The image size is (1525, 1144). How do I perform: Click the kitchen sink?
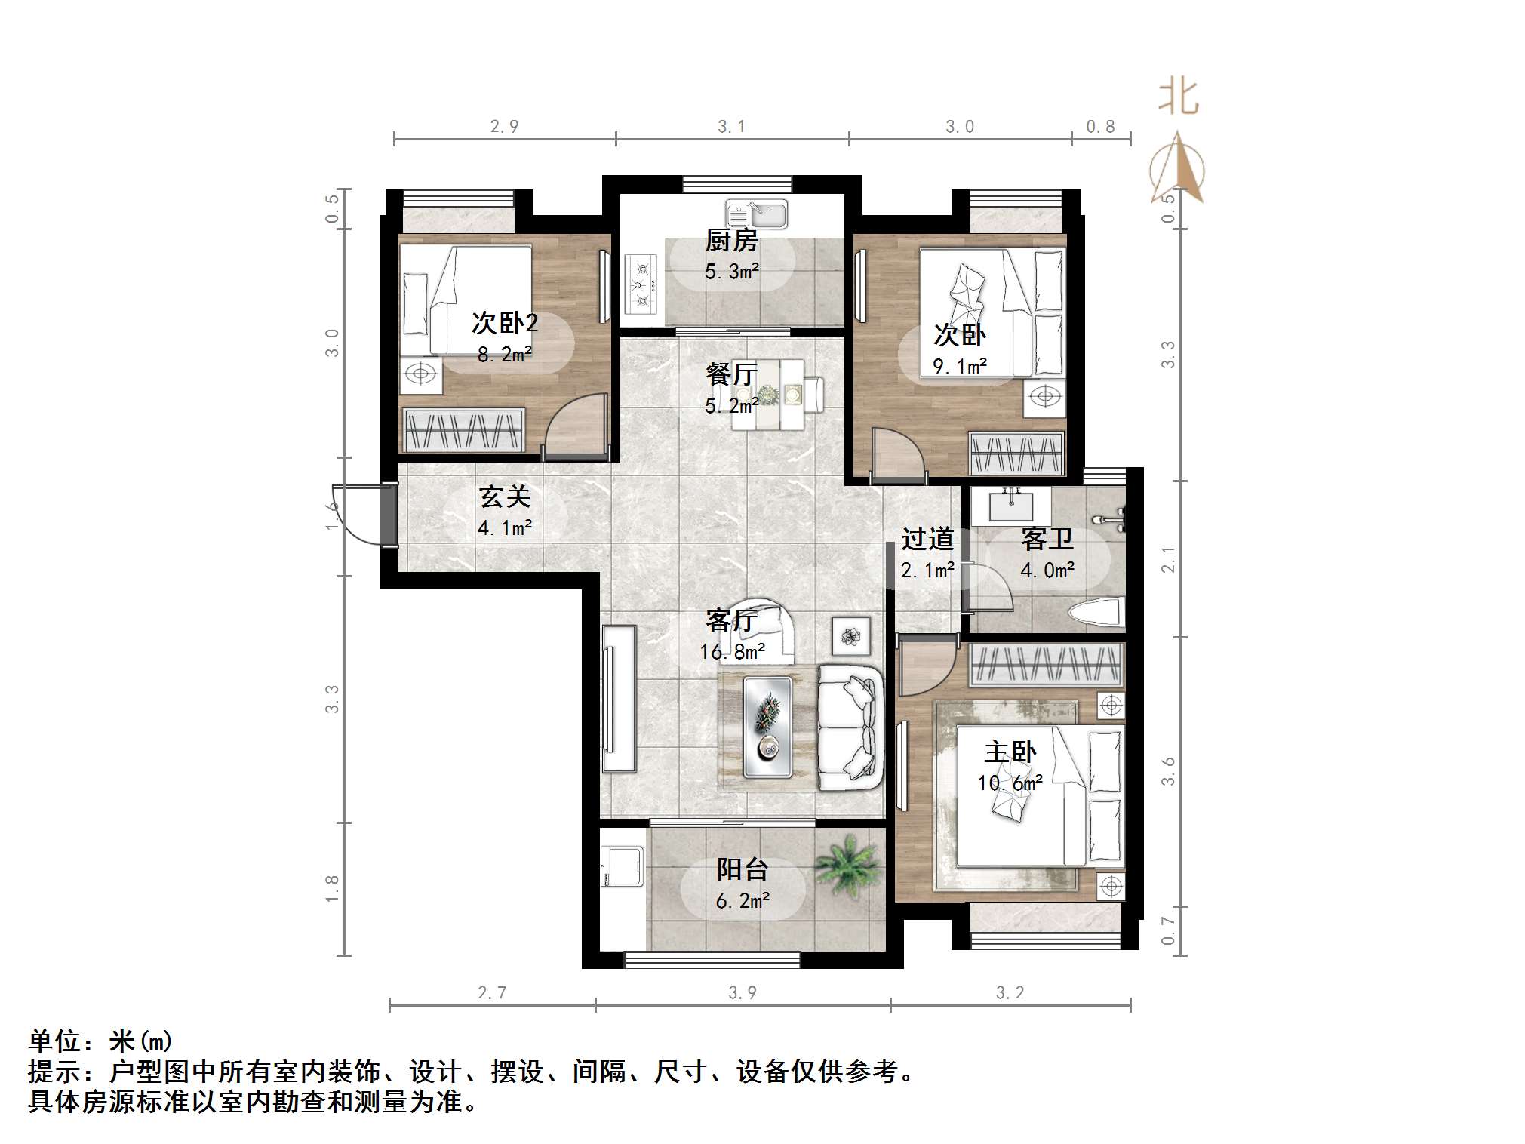tap(757, 214)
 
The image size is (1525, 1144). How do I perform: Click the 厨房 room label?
tap(731, 241)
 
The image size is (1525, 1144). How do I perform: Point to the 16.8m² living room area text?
tap(732, 651)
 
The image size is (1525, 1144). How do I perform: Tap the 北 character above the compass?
tap(1179, 98)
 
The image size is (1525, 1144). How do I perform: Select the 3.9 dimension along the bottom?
tap(743, 993)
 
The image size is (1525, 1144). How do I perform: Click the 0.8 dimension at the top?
tap(1100, 127)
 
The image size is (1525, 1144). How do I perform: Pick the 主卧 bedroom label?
tap(1010, 752)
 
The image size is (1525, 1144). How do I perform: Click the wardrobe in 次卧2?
tap(463, 431)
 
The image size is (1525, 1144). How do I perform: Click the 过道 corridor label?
tap(927, 540)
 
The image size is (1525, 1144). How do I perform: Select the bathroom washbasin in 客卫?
tap(1010, 506)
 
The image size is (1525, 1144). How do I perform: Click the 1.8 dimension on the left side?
tap(331, 888)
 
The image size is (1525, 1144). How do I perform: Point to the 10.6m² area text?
tap(1010, 783)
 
